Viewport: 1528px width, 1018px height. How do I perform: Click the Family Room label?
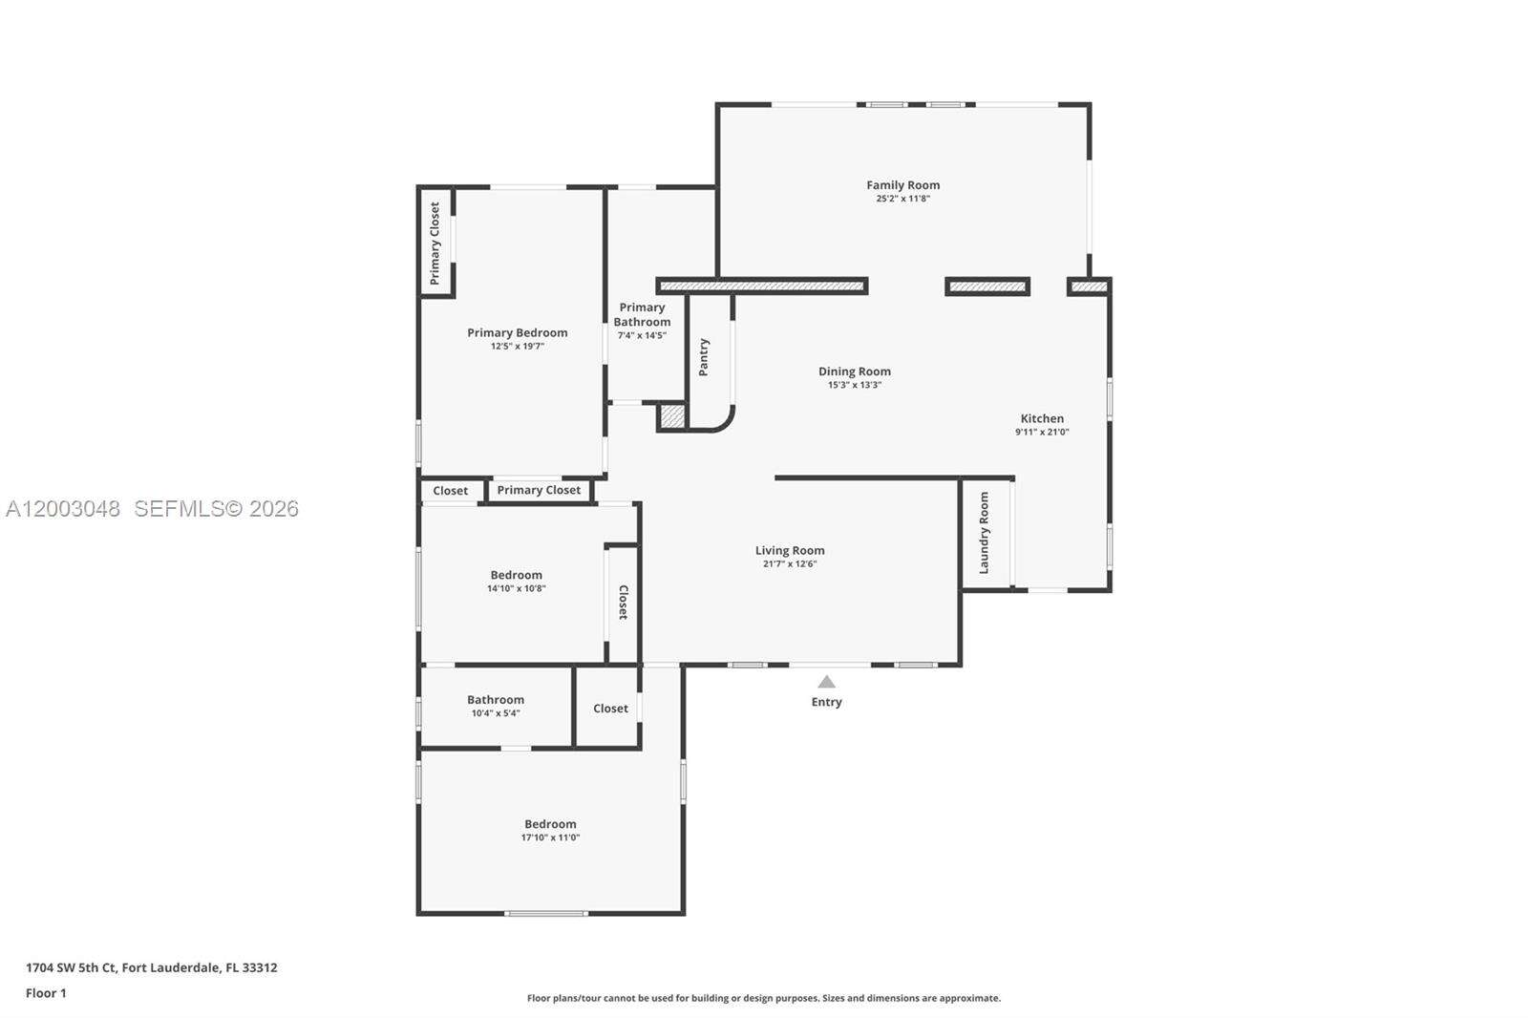click(902, 185)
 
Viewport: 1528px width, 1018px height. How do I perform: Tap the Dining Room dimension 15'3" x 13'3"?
click(854, 386)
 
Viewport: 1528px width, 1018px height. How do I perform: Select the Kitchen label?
click(1042, 418)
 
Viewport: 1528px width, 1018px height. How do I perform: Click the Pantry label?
click(704, 357)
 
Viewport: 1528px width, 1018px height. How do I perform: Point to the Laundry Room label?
click(984, 533)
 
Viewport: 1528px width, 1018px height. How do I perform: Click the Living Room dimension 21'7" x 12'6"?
click(789, 564)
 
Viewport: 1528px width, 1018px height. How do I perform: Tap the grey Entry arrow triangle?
click(826, 682)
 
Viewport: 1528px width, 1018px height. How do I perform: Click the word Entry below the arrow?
click(826, 702)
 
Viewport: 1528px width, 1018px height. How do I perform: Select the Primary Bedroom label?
click(517, 332)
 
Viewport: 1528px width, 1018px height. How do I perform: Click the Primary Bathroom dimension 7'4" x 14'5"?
click(642, 336)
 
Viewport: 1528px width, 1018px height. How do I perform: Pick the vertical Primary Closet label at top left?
click(435, 243)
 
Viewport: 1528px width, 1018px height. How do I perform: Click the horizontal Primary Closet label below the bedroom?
click(539, 490)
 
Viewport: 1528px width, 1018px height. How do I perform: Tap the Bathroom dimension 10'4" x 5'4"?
click(496, 713)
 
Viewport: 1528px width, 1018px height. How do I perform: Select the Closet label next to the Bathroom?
click(610, 709)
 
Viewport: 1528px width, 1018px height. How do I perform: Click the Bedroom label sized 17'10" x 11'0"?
click(550, 824)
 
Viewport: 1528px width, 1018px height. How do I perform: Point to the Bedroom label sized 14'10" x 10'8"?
click(516, 575)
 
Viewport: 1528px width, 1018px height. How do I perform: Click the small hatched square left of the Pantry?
click(671, 416)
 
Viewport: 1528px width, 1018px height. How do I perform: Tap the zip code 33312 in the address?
click(260, 967)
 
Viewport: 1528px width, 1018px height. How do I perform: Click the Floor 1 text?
click(46, 993)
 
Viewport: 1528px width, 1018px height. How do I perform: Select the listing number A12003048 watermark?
click(63, 509)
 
